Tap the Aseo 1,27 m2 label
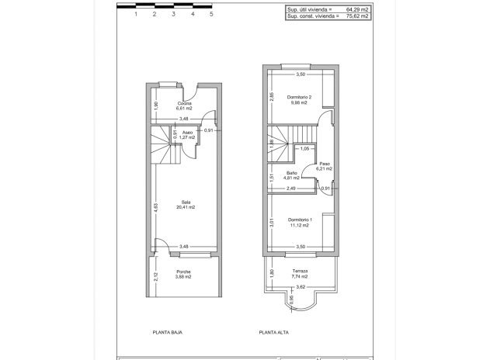(x=187, y=135)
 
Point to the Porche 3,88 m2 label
(x=183, y=274)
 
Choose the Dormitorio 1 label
(x=300, y=221)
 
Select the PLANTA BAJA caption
(x=168, y=332)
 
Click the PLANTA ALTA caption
(x=275, y=332)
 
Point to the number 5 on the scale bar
(x=211, y=15)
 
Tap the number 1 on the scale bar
(x=136, y=15)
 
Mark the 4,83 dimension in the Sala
(x=155, y=206)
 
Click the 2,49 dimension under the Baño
(x=290, y=189)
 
